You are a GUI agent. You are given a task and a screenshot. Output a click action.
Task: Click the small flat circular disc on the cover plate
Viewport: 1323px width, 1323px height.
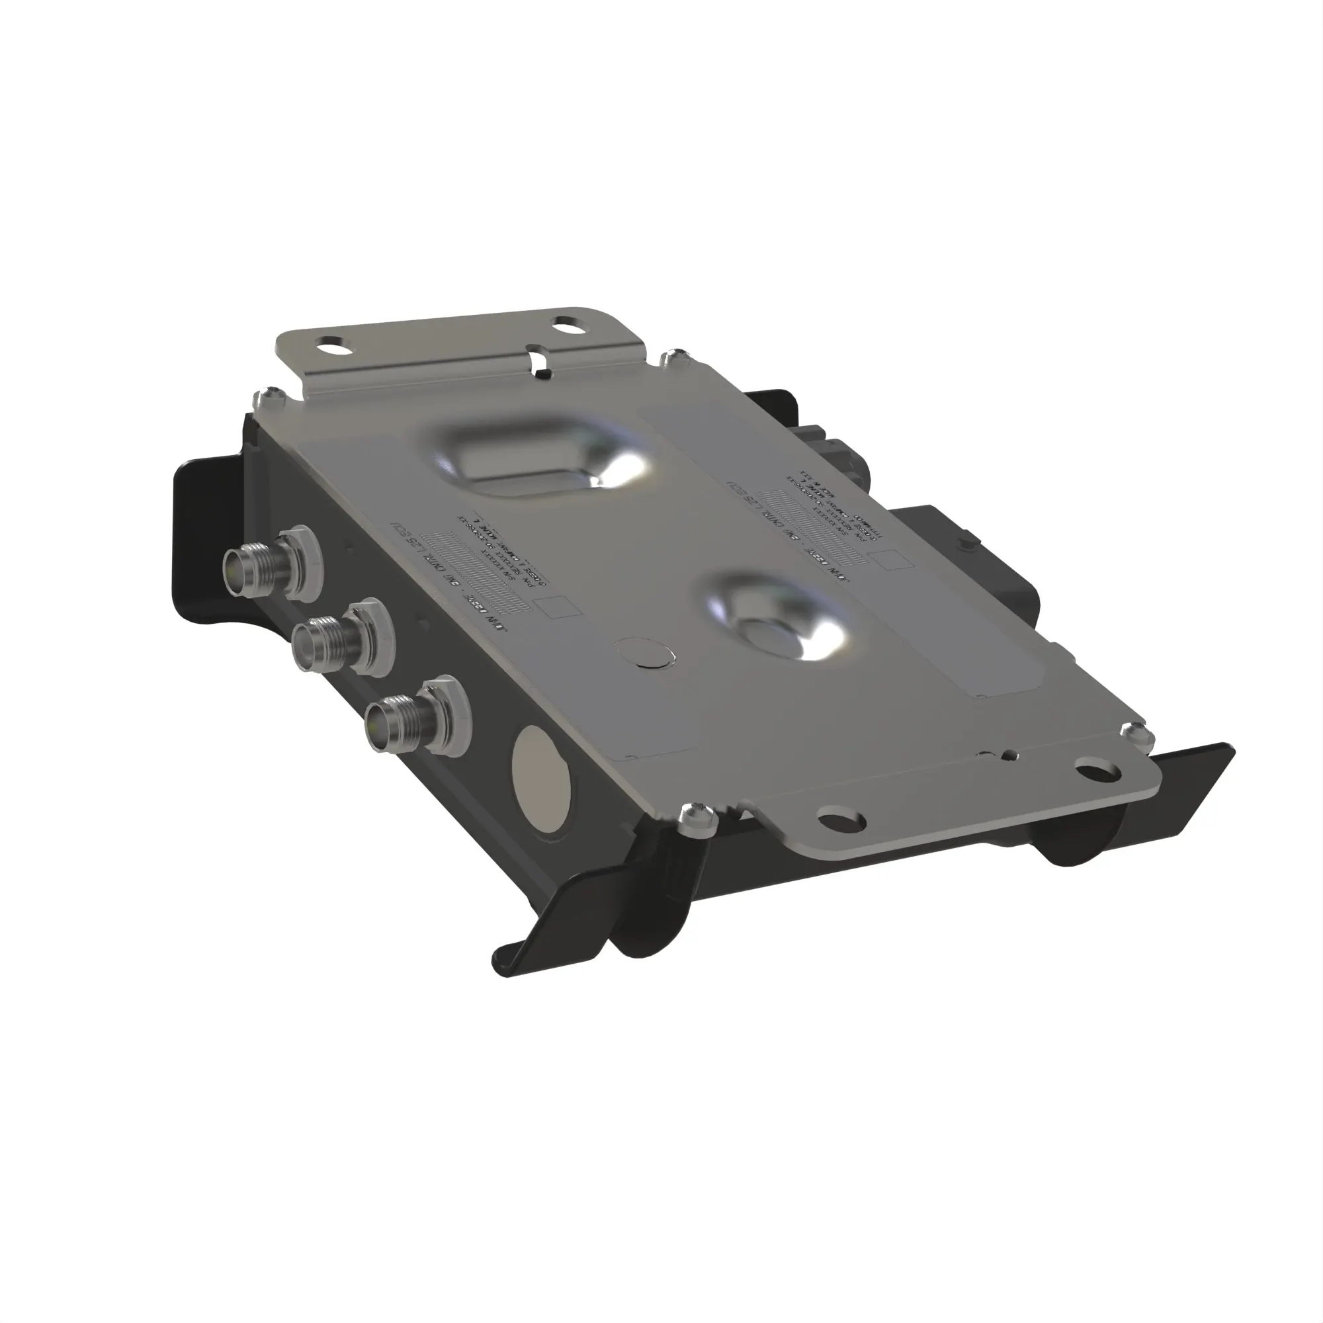click(x=645, y=654)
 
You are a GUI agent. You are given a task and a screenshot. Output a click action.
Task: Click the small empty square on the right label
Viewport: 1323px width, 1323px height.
click(x=896, y=560)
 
